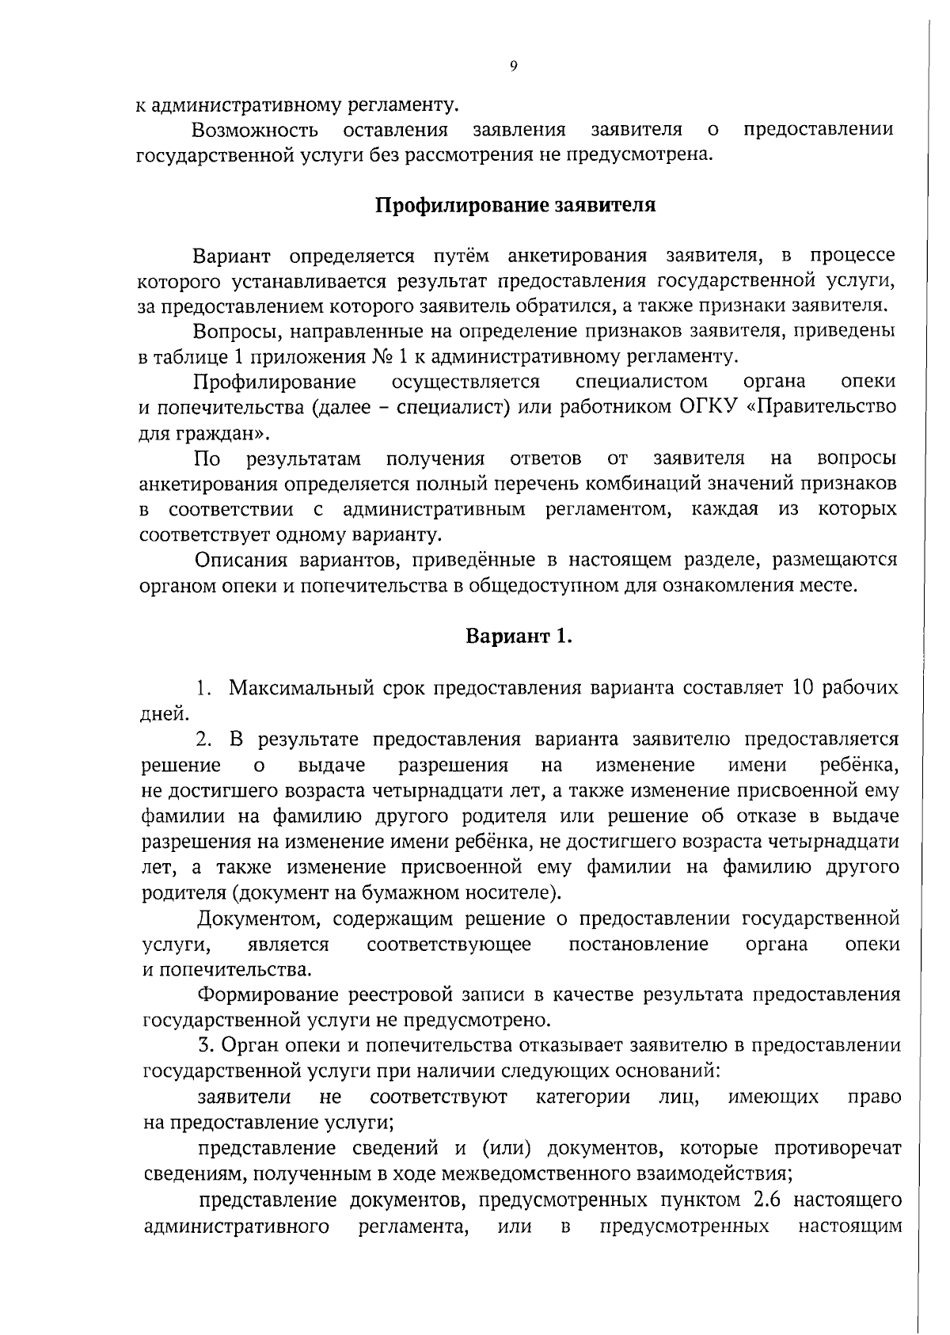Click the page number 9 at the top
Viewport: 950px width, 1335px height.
pos(514,67)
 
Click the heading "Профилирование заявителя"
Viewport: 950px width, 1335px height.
pos(515,206)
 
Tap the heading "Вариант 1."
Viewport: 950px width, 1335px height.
pos(518,637)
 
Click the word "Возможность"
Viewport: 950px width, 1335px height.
pos(255,129)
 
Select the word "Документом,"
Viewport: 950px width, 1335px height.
pos(259,919)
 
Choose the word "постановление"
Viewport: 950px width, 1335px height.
pos(638,944)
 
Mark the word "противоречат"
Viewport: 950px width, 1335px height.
pos(837,1148)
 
